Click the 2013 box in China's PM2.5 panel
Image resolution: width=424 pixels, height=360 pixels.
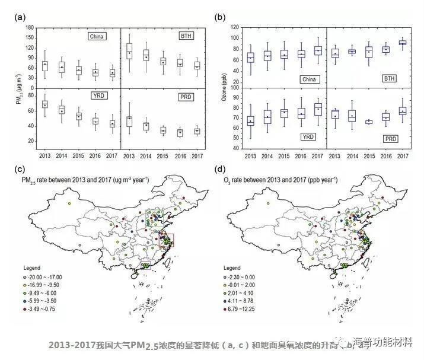tap(45, 64)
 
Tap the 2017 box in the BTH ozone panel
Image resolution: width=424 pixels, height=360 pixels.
tap(403, 43)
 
